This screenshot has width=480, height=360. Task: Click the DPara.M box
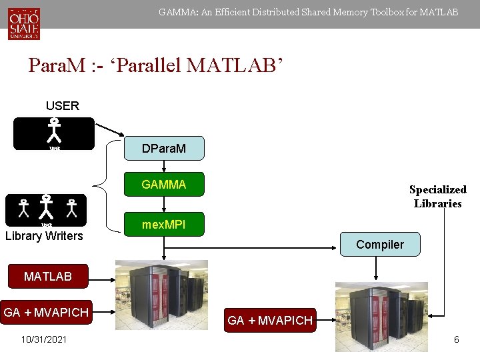163,149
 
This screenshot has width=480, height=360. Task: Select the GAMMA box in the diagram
163,185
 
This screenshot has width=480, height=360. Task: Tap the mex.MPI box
163,226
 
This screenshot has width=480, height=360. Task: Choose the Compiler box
379,245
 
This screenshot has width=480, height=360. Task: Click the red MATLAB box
47,276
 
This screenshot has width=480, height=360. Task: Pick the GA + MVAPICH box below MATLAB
46,313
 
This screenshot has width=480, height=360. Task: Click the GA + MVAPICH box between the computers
270,320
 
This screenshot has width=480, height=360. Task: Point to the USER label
62,105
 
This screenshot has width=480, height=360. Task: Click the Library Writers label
44,236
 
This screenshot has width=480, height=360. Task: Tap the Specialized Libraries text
437,197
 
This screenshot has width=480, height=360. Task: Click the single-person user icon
54,133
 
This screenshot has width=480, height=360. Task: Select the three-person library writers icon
46,209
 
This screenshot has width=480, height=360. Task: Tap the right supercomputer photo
381,317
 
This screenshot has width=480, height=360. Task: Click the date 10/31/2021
44,339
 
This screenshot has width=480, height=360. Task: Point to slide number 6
456,339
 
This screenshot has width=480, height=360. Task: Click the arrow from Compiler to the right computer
377,268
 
